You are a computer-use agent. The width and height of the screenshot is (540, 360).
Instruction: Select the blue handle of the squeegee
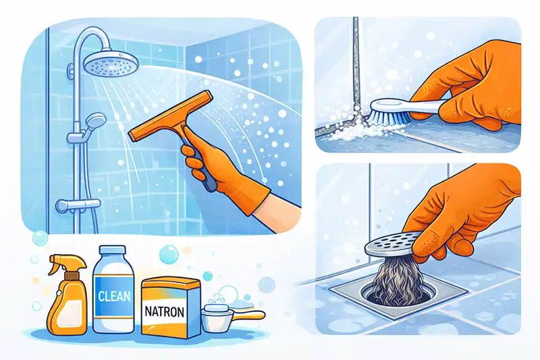[x=201, y=165]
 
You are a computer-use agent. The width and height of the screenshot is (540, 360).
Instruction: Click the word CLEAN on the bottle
[x=114, y=297]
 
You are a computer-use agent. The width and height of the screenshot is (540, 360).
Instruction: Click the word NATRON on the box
[x=164, y=312]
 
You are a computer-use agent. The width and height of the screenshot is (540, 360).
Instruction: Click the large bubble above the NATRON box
[x=169, y=254]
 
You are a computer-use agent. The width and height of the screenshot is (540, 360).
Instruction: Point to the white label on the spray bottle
[x=70, y=313]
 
